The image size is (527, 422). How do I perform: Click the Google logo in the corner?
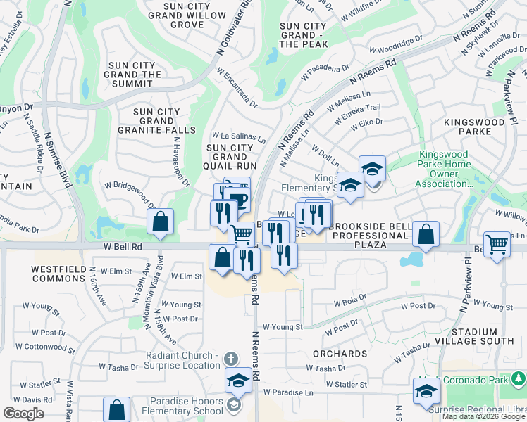coord(23,414)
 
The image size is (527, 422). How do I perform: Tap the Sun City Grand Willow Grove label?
coord(177,15)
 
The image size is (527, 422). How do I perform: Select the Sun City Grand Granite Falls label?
coord(157,121)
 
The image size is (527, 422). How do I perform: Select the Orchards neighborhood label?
coord(340,354)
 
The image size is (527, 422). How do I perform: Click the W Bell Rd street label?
coord(123,247)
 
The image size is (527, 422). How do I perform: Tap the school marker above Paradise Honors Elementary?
coord(239,381)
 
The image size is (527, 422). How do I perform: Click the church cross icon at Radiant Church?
coord(230,359)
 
